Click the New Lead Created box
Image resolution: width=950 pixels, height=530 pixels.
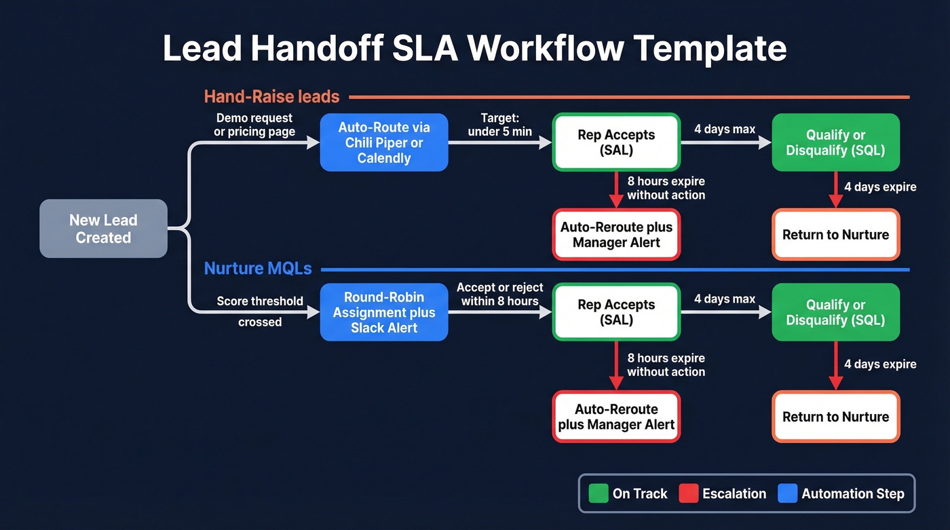coord(103,229)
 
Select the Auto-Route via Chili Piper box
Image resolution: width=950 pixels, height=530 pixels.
coord(384,143)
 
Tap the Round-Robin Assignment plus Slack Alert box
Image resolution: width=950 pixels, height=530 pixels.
coord(384,312)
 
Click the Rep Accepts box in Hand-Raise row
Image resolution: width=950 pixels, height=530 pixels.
coord(616,143)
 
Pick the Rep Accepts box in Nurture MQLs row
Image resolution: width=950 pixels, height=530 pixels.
coord(616,312)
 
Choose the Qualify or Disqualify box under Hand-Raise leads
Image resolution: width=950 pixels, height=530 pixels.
coord(835,143)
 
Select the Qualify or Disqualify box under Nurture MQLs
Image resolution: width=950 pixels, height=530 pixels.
coord(835,312)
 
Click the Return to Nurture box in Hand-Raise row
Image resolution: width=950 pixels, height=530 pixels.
coord(835,235)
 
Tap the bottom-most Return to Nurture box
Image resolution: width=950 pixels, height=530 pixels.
coord(835,417)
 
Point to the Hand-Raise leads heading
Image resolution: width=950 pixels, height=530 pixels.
coord(271,96)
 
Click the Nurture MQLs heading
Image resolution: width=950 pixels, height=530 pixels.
coord(258,269)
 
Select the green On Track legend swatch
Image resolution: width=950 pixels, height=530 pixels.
coord(598,493)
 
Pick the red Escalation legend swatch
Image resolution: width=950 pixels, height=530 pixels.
coord(688,493)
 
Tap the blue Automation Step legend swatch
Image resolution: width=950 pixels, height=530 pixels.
coord(787,493)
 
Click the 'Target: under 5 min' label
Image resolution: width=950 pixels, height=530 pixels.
coord(499,125)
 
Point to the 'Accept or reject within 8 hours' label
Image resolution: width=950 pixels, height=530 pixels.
coord(499,295)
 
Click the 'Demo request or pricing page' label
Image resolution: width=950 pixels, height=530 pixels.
coord(254,125)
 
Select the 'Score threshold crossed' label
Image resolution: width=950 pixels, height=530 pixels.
coord(260,311)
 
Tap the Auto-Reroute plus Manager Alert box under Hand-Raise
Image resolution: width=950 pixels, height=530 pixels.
coord(616,235)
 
